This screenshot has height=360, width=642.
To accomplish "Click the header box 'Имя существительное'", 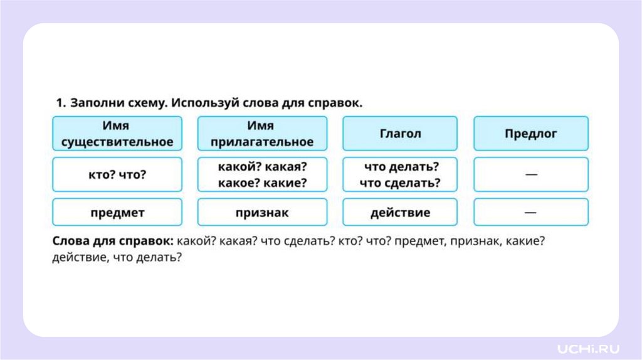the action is point(117,134).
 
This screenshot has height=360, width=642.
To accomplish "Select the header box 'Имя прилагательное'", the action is point(262,134).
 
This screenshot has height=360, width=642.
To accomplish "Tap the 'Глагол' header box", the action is point(400,134).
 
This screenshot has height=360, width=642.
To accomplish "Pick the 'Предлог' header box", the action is point(530,134).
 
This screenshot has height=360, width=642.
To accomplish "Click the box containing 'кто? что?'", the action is point(117,174).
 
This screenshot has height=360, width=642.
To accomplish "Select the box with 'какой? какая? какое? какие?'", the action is point(262,174).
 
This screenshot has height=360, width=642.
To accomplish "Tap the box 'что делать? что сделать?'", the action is point(400,174).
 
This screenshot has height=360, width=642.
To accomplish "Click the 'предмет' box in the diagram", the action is point(117,212).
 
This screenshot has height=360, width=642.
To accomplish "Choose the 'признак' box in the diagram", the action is point(262,212).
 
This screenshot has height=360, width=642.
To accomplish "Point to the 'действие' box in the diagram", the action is point(400,212).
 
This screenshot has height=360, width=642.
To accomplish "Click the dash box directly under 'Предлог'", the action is point(530,174).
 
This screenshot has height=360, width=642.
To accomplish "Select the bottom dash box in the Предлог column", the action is point(530,212).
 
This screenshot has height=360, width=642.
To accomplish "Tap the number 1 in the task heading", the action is point(60,103).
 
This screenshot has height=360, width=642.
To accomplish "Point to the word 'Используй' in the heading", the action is point(195,103).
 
